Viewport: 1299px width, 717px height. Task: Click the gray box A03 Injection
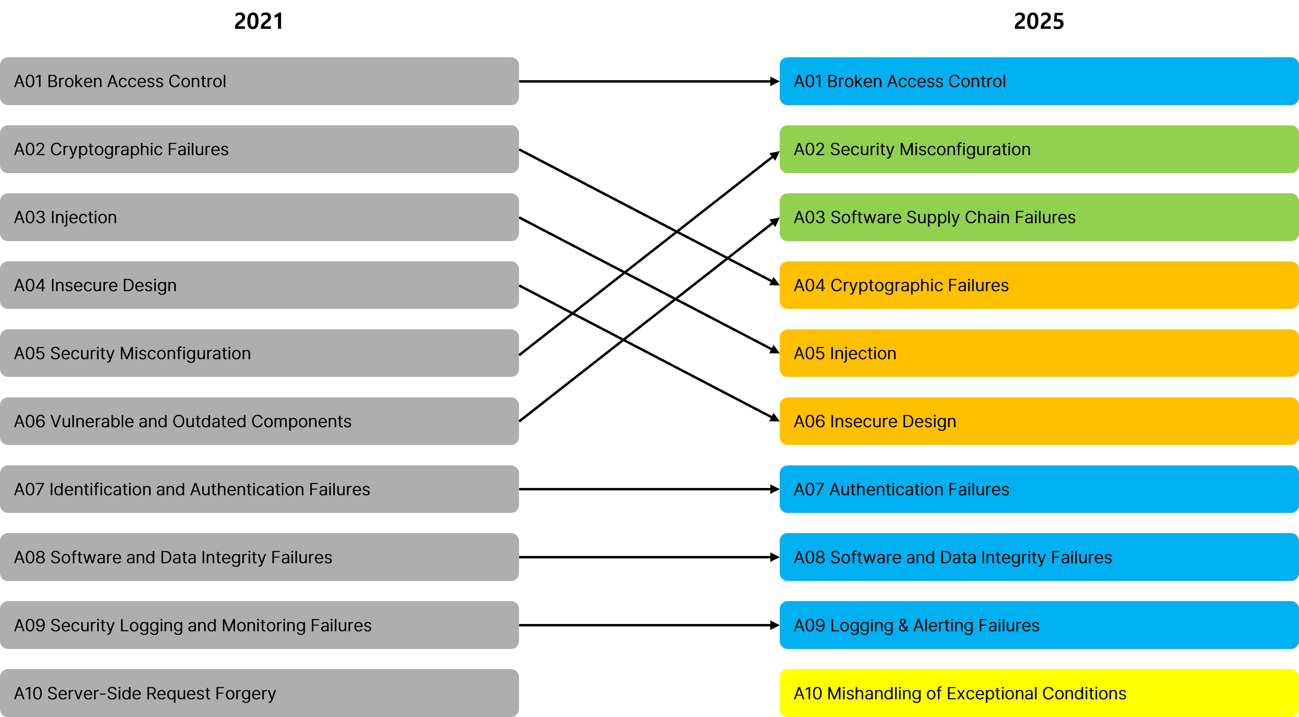(259, 217)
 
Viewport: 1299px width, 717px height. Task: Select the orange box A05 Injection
(1039, 353)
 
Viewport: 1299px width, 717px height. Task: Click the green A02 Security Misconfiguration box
(1039, 149)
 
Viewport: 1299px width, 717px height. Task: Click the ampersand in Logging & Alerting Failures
(903, 626)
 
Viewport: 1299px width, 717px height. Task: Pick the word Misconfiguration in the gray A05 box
(185, 353)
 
